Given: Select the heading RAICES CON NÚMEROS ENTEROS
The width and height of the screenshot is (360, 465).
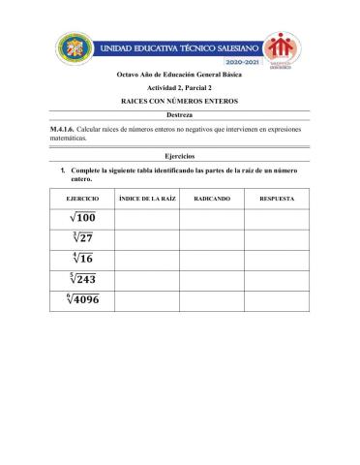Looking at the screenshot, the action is tap(180, 100).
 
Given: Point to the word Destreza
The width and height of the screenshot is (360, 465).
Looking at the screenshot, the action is tap(180, 115).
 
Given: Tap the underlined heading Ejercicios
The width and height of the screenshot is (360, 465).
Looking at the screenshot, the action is tap(180, 156).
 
